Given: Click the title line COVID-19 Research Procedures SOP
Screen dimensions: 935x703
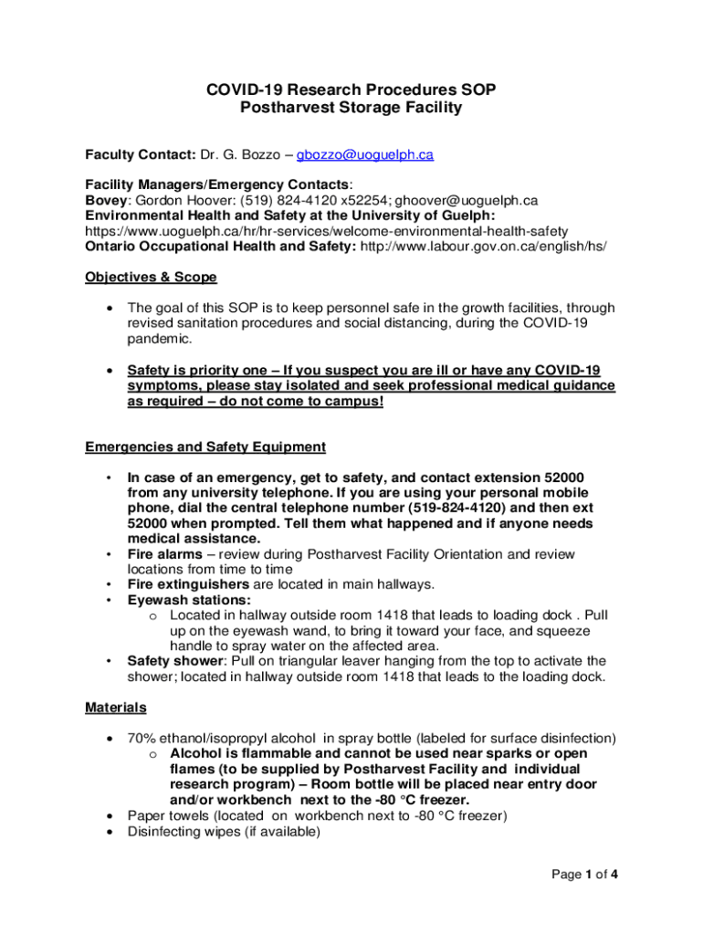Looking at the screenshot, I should click(351, 89).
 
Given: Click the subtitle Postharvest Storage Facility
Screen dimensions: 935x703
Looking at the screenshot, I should click(351, 108).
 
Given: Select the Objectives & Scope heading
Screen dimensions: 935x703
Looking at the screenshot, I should click(151, 277).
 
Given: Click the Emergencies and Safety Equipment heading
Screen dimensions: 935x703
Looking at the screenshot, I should click(205, 446).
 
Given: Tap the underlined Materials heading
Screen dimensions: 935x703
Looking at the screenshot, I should click(115, 708).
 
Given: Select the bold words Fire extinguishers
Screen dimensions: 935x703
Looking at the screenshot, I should click(188, 584).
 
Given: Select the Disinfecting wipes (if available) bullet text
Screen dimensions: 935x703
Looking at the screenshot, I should click(224, 832).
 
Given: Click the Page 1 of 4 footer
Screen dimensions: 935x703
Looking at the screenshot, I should click(585, 875).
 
